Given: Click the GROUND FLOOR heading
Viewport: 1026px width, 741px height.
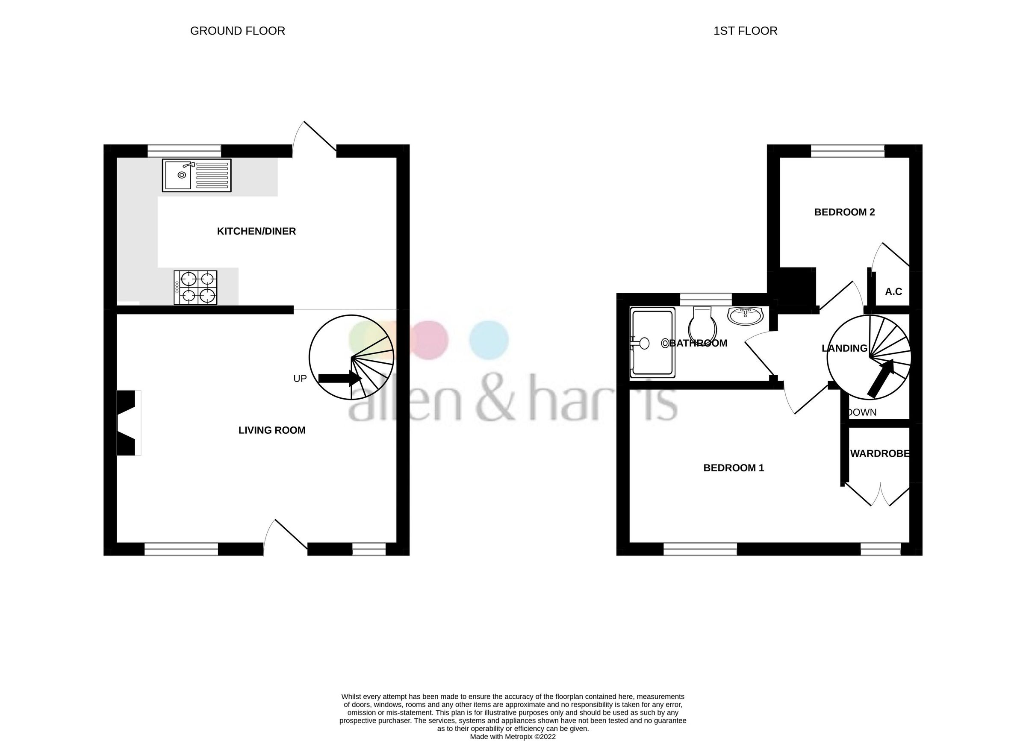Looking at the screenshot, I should tap(238, 31).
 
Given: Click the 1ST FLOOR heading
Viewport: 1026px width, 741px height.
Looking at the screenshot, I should tap(745, 31).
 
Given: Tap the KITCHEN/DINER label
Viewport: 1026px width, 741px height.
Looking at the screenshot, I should tap(256, 232).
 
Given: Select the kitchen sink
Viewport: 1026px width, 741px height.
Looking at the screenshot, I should tap(196, 175).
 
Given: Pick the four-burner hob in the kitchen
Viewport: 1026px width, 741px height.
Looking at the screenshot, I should tap(195, 288).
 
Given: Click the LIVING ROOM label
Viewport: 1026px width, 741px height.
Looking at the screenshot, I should tap(272, 430).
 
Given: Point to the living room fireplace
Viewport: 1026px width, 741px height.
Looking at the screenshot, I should tap(127, 423).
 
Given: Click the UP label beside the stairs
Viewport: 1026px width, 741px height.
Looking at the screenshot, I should tap(300, 379).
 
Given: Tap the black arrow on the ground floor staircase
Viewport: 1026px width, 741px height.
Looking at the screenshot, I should tap(339, 378).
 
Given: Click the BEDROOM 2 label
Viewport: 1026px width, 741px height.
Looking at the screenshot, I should tap(844, 212).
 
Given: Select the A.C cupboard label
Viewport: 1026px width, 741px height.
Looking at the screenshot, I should tap(893, 291).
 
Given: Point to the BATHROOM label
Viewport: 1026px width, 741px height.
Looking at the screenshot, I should tap(698, 343).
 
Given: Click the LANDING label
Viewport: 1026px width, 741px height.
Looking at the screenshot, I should tap(844, 348).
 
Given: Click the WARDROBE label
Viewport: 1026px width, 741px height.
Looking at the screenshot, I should tap(880, 453).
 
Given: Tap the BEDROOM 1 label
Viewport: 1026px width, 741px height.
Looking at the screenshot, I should tap(733, 468).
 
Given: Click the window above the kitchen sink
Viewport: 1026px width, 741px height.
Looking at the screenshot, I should tap(184, 150).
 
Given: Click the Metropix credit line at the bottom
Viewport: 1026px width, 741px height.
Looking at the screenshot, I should tap(513, 736).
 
